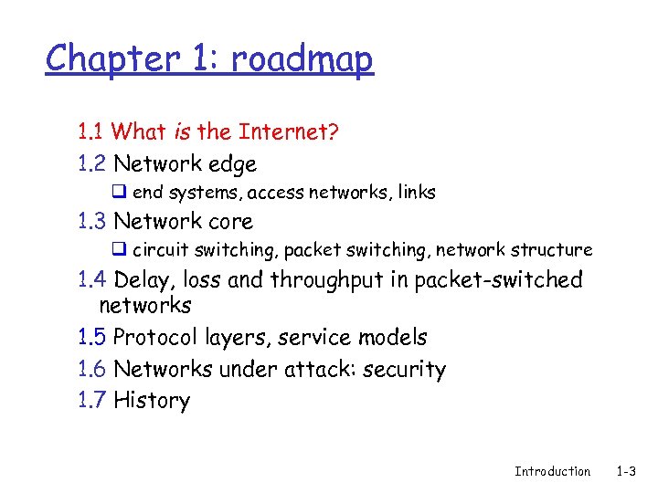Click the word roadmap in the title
point(302,59)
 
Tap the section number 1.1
point(91,132)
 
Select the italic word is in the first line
point(181,132)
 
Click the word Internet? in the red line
point(289,132)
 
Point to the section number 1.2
point(92,164)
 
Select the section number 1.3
point(92,221)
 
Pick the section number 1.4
point(92,279)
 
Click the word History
point(152,401)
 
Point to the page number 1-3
point(627,471)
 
